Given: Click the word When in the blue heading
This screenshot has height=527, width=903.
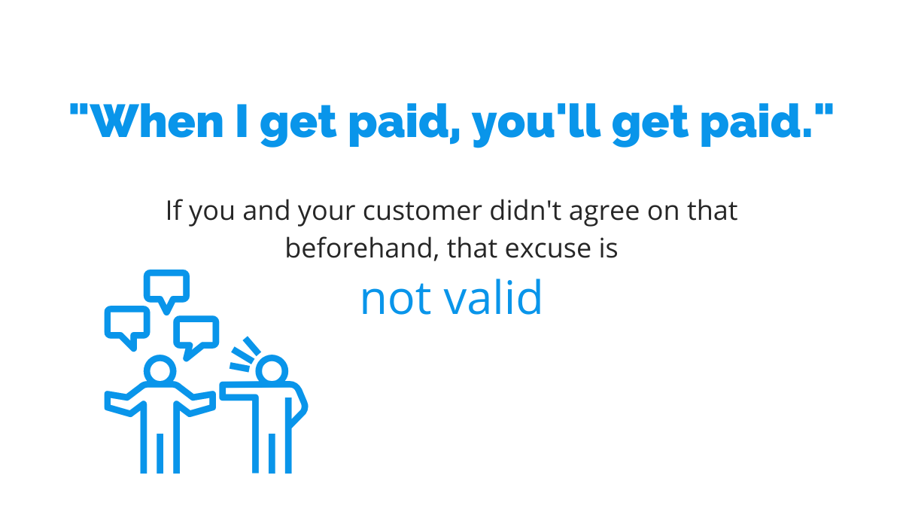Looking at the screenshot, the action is pyautogui.click(x=157, y=121).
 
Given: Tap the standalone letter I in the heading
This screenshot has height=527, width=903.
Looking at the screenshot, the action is pyautogui.click(x=242, y=121).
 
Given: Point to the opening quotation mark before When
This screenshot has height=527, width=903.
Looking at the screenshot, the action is pyautogui.click(x=79, y=110).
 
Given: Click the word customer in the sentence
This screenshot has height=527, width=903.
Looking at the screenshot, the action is pyautogui.click(x=422, y=211).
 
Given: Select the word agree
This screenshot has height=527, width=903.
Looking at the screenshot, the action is pyautogui.click(x=604, y=213).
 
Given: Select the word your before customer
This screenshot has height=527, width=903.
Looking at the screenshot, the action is pyautogui.click(x=327, y=213).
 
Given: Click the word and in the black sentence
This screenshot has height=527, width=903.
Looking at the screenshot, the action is pyautogui.click(x=266, y=210).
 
